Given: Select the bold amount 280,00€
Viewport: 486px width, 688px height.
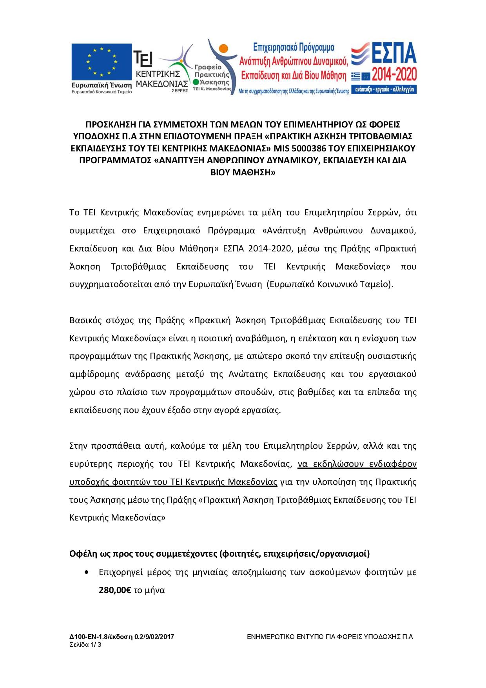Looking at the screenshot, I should coord(115,590).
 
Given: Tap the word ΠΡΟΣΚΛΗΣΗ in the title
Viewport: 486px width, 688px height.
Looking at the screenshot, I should coord(111,124).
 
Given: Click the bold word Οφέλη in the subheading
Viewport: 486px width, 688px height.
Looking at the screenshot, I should coord(81,554).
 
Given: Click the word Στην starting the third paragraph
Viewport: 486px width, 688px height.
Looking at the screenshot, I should coord(78,446).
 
